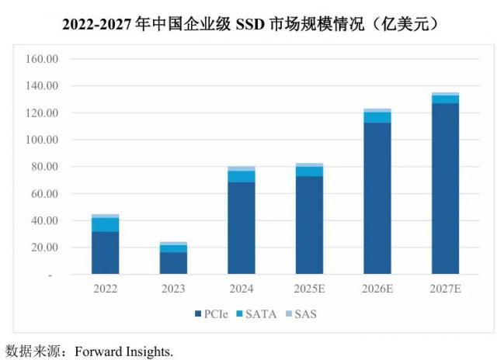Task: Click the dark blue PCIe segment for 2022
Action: click(105, 252)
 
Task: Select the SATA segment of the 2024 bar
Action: click(241, 176)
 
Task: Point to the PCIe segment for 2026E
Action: click(377, 198)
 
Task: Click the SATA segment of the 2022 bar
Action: click(105, 224)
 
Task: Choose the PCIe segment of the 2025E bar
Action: click(309, 225)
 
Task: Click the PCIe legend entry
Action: click(212, 314)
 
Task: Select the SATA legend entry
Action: click(264, 314)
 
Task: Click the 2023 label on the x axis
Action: click(173, 289)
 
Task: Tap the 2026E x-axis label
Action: click(377, 289)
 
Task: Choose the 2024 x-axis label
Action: click(241, 289)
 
